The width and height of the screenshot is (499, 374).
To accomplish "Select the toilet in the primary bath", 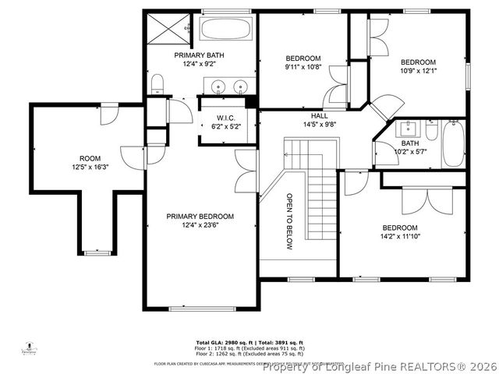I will pos(157,84).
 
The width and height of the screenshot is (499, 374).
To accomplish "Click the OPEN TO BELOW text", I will pos(289,222).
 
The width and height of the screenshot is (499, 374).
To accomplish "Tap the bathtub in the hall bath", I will pos(454,144).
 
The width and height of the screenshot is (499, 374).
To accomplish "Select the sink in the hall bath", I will pos(408,129).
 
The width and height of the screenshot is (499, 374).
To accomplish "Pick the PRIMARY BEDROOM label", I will pos(200,217).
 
